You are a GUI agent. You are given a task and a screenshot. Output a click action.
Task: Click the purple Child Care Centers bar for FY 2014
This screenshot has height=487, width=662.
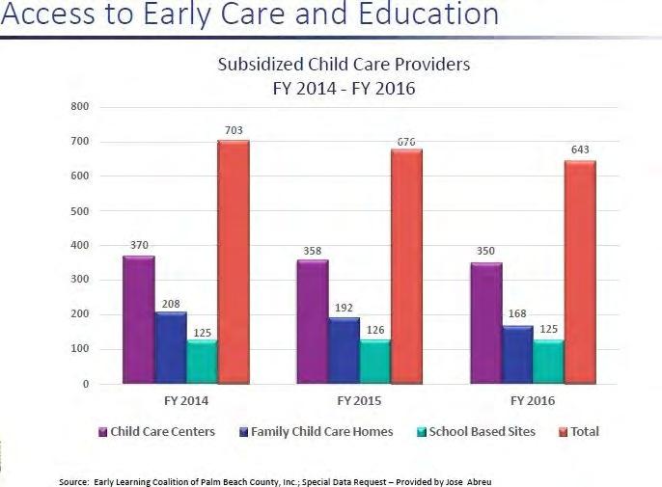coord(139,319)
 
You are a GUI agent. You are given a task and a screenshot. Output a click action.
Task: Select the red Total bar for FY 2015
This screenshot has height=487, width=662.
coord(406,266)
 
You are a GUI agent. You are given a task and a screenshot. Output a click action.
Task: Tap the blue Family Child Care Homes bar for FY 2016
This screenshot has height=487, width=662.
coord(517,355)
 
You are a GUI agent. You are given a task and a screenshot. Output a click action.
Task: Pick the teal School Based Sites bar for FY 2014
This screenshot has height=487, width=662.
coord(203,362)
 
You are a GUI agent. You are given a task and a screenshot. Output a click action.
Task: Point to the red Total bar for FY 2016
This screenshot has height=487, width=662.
coord(581,272)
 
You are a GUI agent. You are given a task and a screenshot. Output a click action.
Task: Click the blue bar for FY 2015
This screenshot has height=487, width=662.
coord(345,350)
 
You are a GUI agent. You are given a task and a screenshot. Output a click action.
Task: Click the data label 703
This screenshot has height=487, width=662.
coord(234,130)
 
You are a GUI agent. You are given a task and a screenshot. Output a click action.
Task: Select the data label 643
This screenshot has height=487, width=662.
coord(580,149)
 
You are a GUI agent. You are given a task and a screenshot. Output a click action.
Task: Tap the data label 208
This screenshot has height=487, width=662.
coord(171,304)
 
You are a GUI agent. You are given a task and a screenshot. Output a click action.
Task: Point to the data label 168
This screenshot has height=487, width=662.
coord(517,313)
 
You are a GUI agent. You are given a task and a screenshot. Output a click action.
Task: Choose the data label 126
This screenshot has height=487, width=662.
coord(375,330)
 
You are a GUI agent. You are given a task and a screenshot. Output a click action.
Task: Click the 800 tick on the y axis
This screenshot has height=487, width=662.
coord(80,106)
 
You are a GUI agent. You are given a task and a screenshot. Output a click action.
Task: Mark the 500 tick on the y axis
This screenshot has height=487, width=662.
coord(80,211)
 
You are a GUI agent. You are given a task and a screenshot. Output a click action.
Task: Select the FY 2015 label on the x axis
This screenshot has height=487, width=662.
coord(359,400)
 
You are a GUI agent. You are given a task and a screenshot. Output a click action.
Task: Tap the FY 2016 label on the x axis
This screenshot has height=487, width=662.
coord(533,400)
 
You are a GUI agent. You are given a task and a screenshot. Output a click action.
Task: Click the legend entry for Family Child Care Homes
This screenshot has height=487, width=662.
coord(317,432)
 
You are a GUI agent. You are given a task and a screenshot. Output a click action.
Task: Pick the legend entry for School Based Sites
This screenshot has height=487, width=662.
coord(477,432)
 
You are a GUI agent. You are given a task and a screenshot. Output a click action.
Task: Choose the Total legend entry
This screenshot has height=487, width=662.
coord(579,432)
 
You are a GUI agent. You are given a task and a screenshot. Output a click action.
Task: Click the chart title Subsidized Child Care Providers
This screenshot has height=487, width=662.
coord(344,65)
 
